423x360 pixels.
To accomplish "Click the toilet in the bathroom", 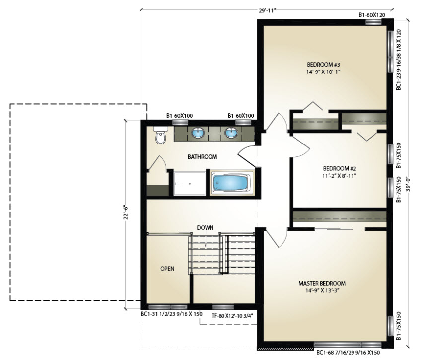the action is click(x=161, y=135).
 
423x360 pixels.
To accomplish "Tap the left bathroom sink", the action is click(x=198, y=133).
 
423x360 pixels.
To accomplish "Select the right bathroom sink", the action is click(x=231, y=133).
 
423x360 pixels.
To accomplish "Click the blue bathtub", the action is click(x=232, y=183).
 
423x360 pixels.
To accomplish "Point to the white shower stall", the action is click(x=190, y=184).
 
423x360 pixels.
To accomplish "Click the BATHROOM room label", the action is click(x=203, y=157).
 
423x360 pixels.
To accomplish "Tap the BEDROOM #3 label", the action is click(x=323, y=65).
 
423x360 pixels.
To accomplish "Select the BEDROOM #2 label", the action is click(x=340, y=169).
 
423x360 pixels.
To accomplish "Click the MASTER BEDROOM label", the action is click(x=322, y=284).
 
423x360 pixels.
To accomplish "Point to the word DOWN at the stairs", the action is click(x=205, y=228).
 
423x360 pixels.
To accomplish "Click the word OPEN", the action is click(x=167, y=269).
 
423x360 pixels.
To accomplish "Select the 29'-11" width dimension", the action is click(x=267, y=11).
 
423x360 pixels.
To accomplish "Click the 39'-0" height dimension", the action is click(x=408, y=184).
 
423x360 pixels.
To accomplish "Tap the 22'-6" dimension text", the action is click(x=126, y=213).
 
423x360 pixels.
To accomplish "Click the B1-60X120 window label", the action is click(x=372, y=15).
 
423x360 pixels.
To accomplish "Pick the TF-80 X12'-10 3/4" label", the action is click(x=232, y=315).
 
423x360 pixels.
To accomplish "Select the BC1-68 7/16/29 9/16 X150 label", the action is click(x=348, y=353).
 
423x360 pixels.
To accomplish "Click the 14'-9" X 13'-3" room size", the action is click(x=322, y=291).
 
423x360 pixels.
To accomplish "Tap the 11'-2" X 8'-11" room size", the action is click(x=340, y=176).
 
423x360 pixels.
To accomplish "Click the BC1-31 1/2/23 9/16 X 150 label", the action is click(x=172, y=314).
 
